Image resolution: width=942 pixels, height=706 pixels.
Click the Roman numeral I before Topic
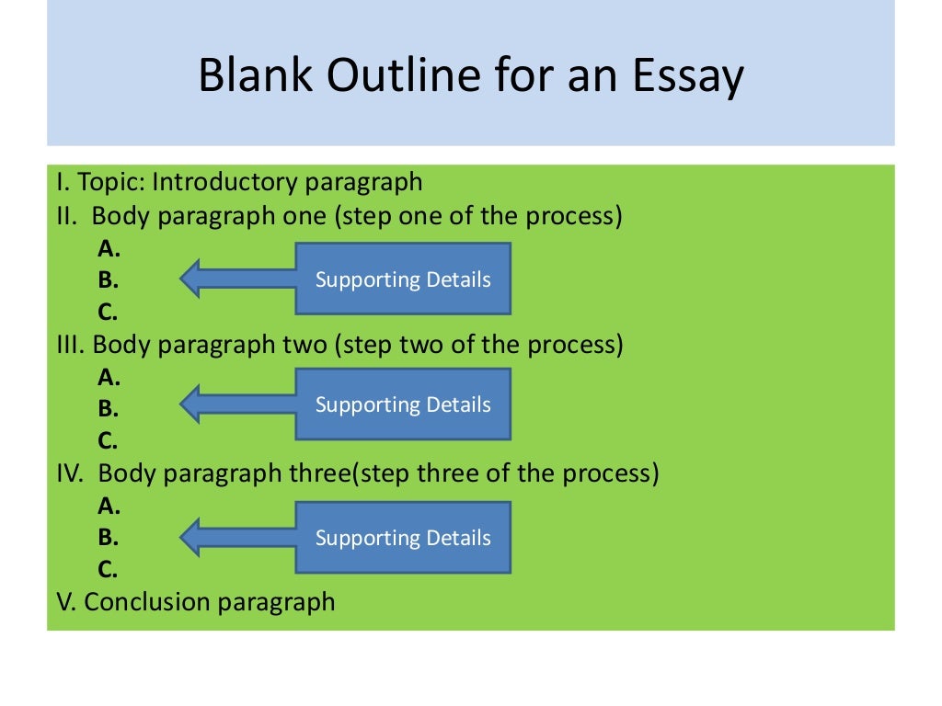click(x=59, y=182)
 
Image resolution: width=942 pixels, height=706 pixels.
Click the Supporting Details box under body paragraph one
click(x=403, y=279)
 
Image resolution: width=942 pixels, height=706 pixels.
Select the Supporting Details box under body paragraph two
click(x=403, y=404)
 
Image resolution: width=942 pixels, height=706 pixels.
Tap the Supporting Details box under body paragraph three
click(x=403, y=538)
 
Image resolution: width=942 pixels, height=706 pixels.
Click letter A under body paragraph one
click(x=108, y=249)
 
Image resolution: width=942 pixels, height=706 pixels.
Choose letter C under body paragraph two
click(x=108, y=440)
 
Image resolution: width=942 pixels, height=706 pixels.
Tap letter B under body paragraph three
click(x=108, y=538)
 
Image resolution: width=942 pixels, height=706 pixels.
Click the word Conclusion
click(x=147, y=602)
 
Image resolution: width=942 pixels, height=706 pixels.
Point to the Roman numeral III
click(x=70, y=346)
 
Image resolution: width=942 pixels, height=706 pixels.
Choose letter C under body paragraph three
click(x=108, y=570)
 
